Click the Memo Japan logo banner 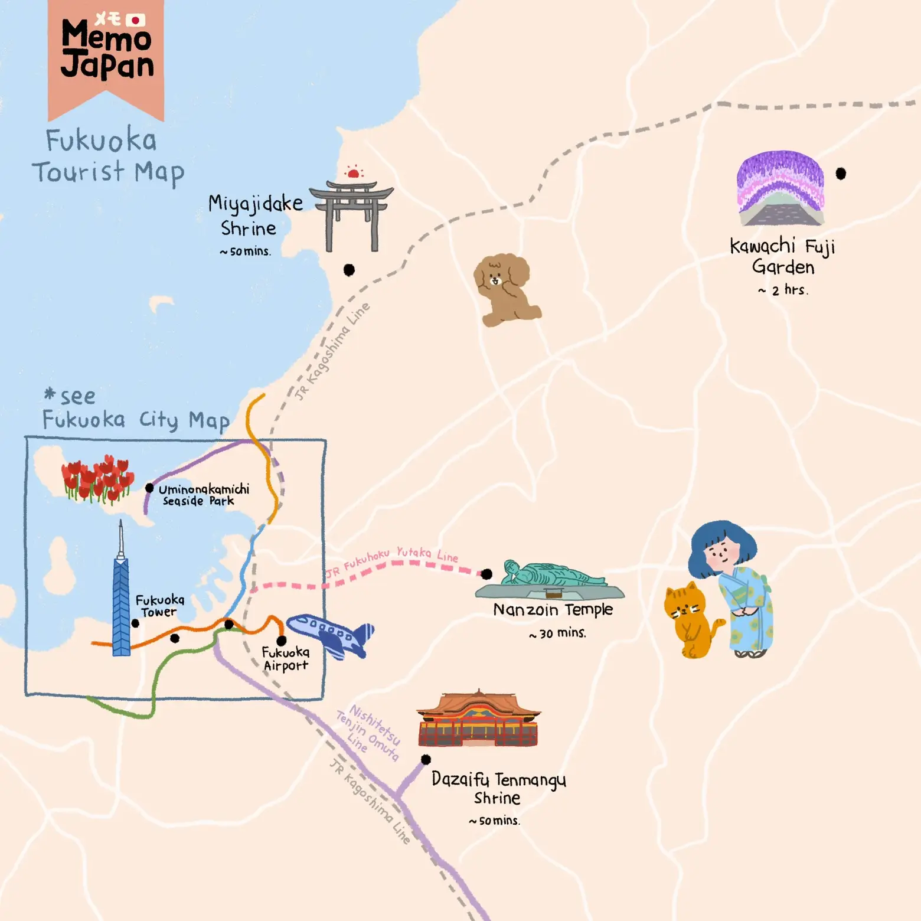click(x=106, y=53)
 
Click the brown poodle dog click(x=505, y=289)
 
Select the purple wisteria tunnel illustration click(x=780, y=189)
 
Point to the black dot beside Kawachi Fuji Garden click(x=841, y=174)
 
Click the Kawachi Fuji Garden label click(x=783, y=256)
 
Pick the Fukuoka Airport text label click(x=286, y=659)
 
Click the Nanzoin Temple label click(x=553, y=609)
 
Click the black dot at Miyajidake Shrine click(x=349, y=270)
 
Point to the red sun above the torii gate click(x=353, y=173)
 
